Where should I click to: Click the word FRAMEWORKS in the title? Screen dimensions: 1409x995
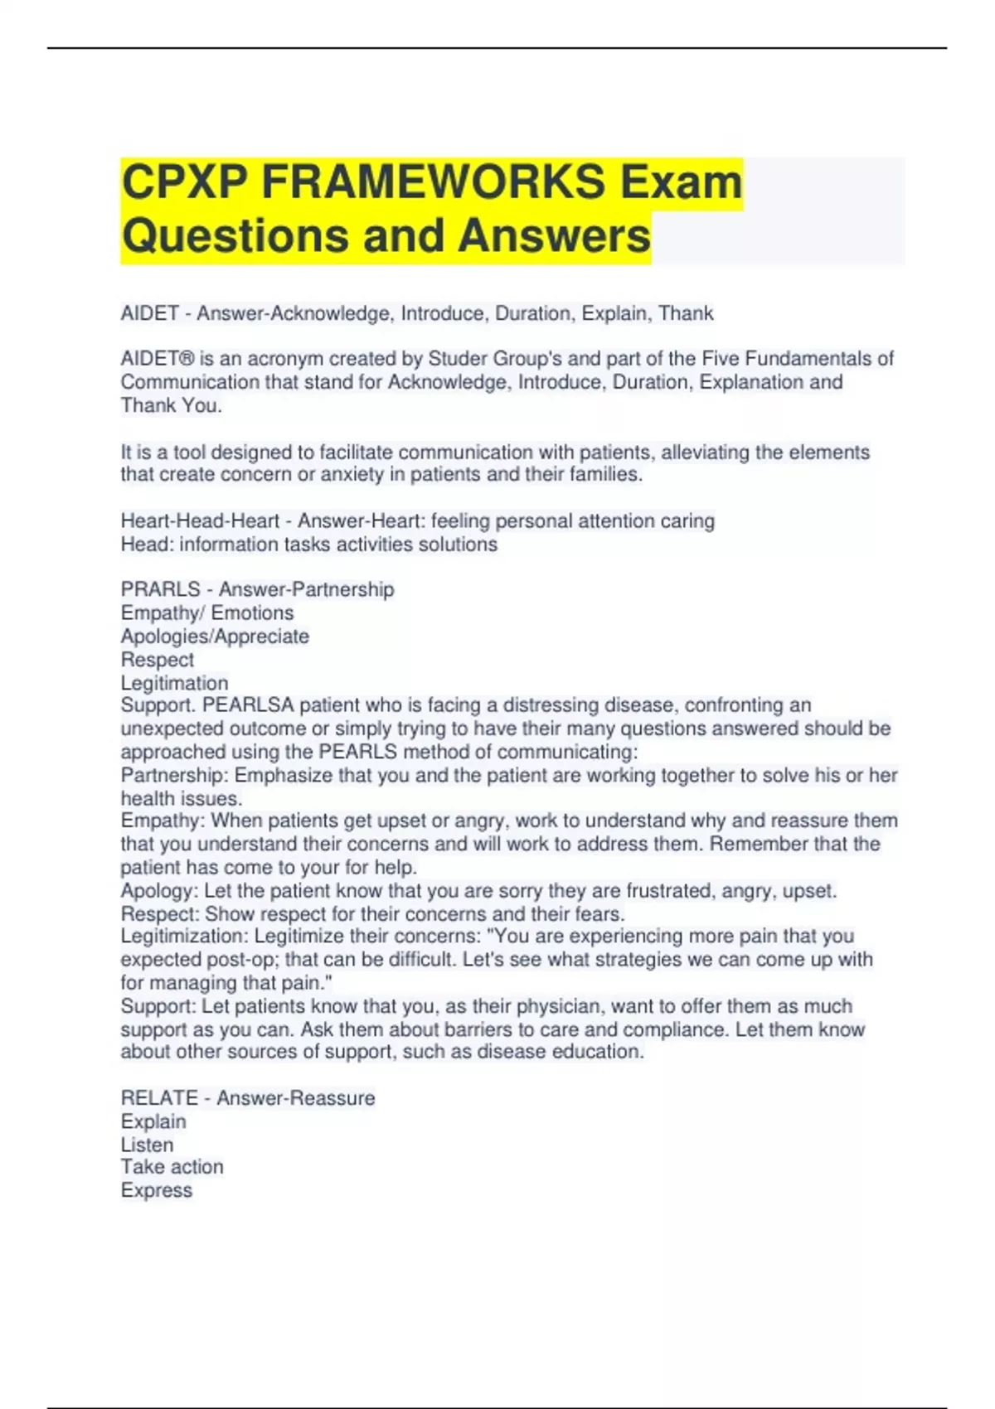point(433,182)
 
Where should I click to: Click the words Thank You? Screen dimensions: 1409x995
point(170,405)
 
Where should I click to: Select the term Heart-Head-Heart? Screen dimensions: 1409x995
point(200,521)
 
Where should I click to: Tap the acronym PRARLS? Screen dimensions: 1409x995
point(159,589)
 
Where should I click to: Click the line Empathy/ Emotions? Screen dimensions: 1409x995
point(206,613)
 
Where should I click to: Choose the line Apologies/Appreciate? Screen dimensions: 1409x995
point(215,636)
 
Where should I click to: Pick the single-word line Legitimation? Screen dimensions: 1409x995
point(174,683)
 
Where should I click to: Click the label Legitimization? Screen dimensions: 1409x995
point(184,936)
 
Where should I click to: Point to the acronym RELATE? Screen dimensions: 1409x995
point(158,1098)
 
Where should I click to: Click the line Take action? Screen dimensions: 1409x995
point(172,1167)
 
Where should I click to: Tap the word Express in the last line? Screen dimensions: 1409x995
point(156,1190)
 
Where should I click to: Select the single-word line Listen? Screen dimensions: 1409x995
point(147,1145)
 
